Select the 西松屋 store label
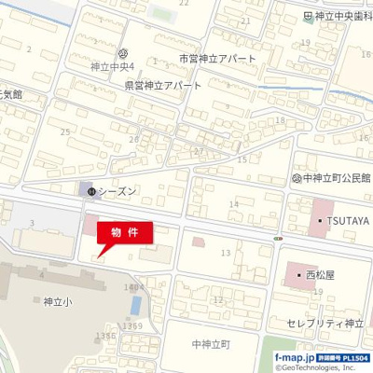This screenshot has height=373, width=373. tap(319, 276)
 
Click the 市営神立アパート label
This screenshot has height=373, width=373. tap(216, 58)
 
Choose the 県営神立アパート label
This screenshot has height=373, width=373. tap(163, 84)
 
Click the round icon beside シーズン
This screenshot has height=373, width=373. tap(90, 191)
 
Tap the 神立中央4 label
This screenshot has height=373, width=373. tap(113, 66)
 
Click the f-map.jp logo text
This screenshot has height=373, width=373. tap(295, 357)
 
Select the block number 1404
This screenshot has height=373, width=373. tap(133, 287)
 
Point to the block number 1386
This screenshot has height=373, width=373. tap(104, 336)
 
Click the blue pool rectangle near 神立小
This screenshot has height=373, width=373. tap(136, 304)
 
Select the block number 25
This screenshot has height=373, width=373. tap(64, 132)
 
